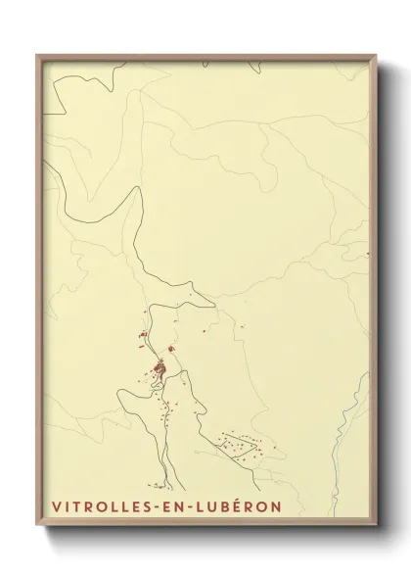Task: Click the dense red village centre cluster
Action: point(157,369)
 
